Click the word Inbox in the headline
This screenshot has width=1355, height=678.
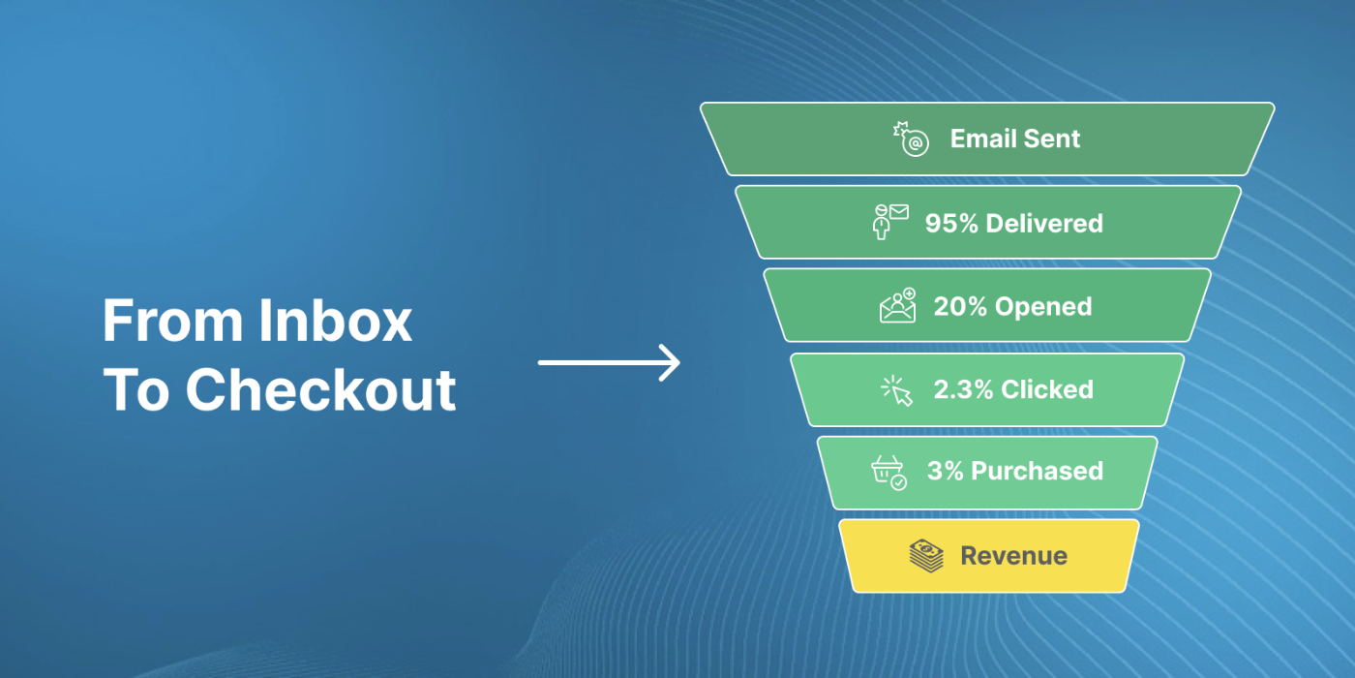pyautogui.click(x=335, y=320)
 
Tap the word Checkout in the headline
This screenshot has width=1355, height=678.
pyautogui.click(x=320, y=389)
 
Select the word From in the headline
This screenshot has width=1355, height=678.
pyautogui.click(x=172, y=320)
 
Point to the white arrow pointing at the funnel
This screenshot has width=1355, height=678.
pyautogui.click(x=609, y=362)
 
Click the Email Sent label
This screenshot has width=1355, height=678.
pyautogui.click(x=1015, y=139)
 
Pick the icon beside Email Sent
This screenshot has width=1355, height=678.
pyautogui.click(x=911, y=139)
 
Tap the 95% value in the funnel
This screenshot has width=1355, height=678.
pyautogui.click(x=950, y=224)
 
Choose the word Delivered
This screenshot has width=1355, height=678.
pyautogui.click(x=1044, y=224)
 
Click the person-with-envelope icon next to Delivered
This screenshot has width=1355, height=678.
pyautogui.click(x=890, y=222)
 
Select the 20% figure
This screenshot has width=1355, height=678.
pyautogui.click(x=960, y=306)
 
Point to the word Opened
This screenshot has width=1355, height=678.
pyautogui.click(x=1043, y=307)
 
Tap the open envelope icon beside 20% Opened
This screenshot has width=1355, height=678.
pyautogui.click(x=898, y=306)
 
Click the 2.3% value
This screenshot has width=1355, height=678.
pyautogui.click(x=963, y=389)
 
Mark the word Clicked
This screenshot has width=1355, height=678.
pyautogui.click(x=1047, y=389)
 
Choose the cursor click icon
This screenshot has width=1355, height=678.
pyautogui.click(x=896, y=391)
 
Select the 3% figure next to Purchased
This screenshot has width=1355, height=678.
pyautogui.click(x=945, y=471)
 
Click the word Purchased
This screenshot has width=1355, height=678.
pyautogui.click(x=1037, y=471)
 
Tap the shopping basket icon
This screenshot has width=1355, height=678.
pyautogui.click(x=889, y=473)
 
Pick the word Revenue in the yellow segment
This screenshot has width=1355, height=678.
pyautogui.click(x=1014, y=556)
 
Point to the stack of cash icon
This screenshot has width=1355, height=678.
pyautogui.click(x=926, y=556)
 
